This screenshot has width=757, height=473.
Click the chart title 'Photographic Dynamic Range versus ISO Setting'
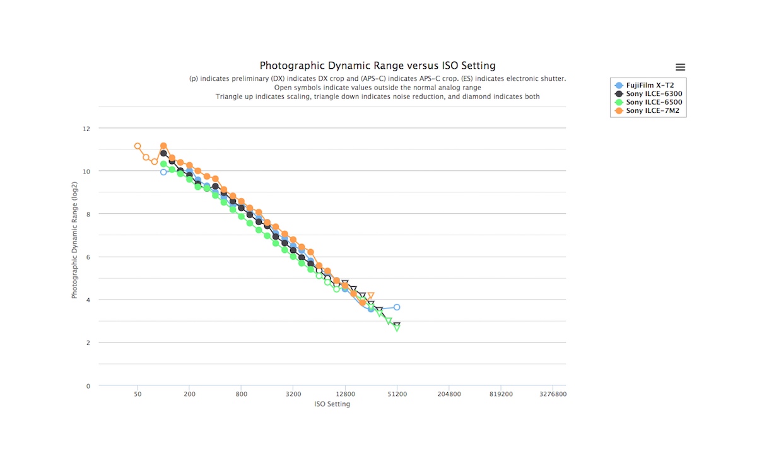[377, 66]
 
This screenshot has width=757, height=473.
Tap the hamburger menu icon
[680, 67]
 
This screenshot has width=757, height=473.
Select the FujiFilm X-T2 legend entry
[650, 85]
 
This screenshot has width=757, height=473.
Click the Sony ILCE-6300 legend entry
[654, 94]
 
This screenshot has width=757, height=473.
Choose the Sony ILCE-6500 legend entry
[654, 102]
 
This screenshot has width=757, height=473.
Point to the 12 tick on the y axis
[86, 129]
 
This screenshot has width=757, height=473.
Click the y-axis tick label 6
[88, 257]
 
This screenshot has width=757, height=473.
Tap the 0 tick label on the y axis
[88, 386]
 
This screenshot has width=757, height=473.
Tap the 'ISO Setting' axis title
[332, 404]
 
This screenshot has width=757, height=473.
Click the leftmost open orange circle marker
[138, 146]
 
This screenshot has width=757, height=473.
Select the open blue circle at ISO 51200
[397, 307]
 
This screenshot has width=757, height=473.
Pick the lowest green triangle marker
[397, 328]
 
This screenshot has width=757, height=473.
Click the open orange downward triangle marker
[371, 296]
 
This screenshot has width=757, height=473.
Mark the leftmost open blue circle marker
[163, 172]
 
